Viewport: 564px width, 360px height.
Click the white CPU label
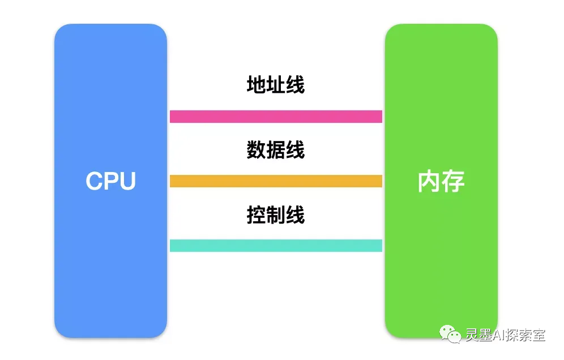[x=110, y=181]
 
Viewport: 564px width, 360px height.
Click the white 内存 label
[x=441, y=181]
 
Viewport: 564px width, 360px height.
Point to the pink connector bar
[x=276, y=117]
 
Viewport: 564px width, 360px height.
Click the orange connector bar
[x=276, y=181]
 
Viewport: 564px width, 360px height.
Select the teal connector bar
[x=276, y=246]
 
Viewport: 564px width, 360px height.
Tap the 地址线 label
[x=276, y=85]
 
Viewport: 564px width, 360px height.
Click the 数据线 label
[x=276, y=150]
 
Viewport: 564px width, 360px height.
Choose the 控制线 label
[x=276, y=215]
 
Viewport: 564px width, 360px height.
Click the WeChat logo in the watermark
[x=451, y=335]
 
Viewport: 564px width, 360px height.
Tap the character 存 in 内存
[x=453, y=181]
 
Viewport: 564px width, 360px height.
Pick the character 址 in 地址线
[x=276, y=85]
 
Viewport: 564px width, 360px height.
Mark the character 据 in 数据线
[x=276, y=150]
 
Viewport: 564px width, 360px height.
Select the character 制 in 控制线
[x=276, y=215]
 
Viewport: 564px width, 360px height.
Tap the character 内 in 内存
[x=429, y=181]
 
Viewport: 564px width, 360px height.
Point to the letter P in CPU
[x=111, y=181]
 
